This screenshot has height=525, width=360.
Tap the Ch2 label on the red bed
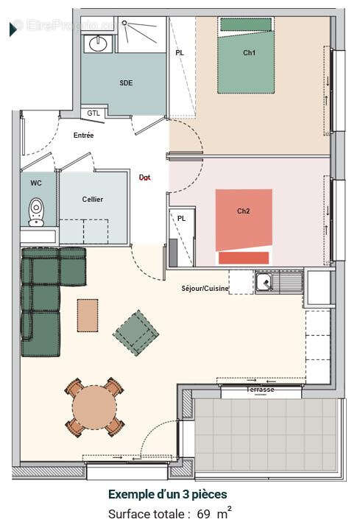pyautogui.click(x=243, y=211)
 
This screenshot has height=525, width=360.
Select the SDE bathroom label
pyautogui.click(x=126, y=83)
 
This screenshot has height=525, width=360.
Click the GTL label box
pyautogui.click(x=93, y=113)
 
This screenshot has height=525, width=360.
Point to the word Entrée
pyautogui.click(x=83, y=135)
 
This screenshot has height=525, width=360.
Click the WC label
pyautogui.click(x=36, y=183)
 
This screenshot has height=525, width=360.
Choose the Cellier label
pyautogui.click(x=92, y=200)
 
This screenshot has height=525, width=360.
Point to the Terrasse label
pyautogui.click(x=261, y=390)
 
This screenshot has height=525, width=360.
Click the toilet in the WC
pyautogui.click(x=35, y=212)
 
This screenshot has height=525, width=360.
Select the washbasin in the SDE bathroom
pyautogui.click(x=98, y=44)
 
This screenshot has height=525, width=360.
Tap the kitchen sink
pyautogui.click(x=264, y=281)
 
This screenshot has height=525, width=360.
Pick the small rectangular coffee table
pyautogui.click(x=87, y=314)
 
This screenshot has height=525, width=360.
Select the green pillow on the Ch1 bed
pyautogui.click(x=247, y=24)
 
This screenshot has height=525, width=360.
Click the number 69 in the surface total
pyautogui.click(x=203, y=514)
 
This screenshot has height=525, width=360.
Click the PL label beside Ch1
pyautogui.click(x=180, y=53)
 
